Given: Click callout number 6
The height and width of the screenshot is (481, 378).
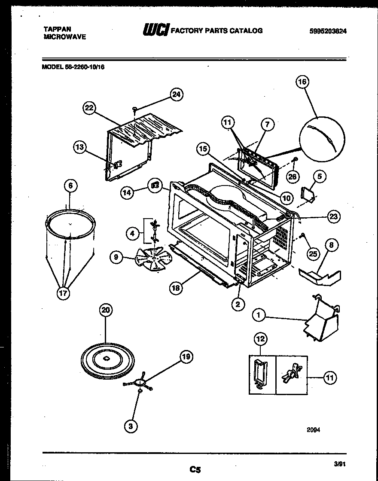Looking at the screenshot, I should click(71, 186).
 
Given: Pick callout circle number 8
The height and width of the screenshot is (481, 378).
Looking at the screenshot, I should click(331, 246).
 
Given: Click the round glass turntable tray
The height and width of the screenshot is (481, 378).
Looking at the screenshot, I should click(107, 357).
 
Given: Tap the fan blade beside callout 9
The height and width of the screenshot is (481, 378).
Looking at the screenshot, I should click(152, 259).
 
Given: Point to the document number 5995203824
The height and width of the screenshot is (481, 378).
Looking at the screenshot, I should click(328, 31).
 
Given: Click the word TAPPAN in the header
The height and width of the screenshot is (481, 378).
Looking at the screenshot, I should click(58, 29).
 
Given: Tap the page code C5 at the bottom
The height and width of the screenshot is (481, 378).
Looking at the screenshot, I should click(195, 469).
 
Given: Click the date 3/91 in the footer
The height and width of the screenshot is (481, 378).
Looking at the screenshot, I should click(339, 463).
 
